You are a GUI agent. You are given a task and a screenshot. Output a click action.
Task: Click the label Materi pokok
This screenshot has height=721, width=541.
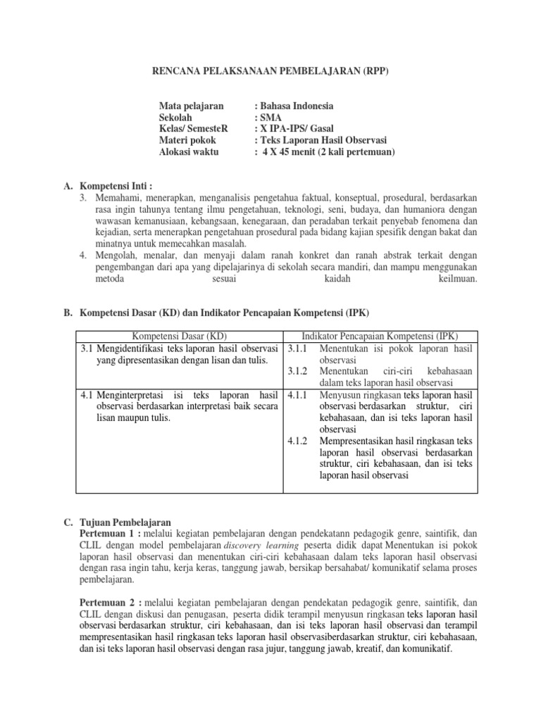click(x=188, y=140)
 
